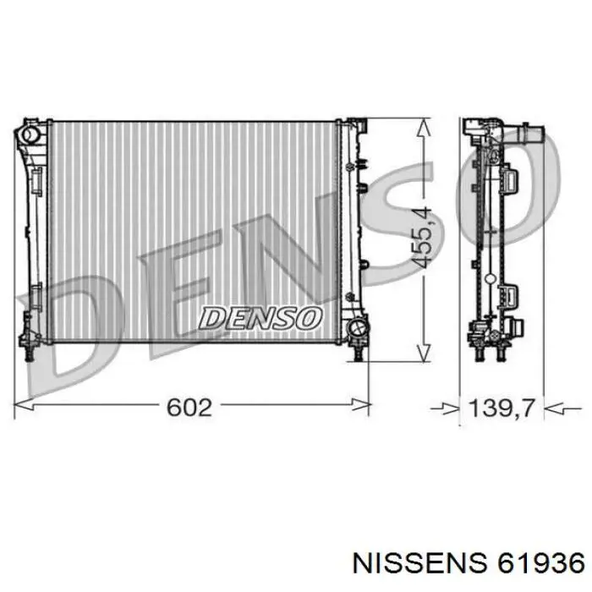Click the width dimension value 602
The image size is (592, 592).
point(189,408)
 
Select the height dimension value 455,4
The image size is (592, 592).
point(423,237)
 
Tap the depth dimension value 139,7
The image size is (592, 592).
point(502,408)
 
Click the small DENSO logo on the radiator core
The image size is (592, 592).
point(260,318)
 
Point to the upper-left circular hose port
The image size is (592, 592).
point(29,134)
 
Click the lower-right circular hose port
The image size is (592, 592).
point(357,327)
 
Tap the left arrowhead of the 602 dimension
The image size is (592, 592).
point(24,405)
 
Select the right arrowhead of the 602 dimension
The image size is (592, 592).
point(360,405)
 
